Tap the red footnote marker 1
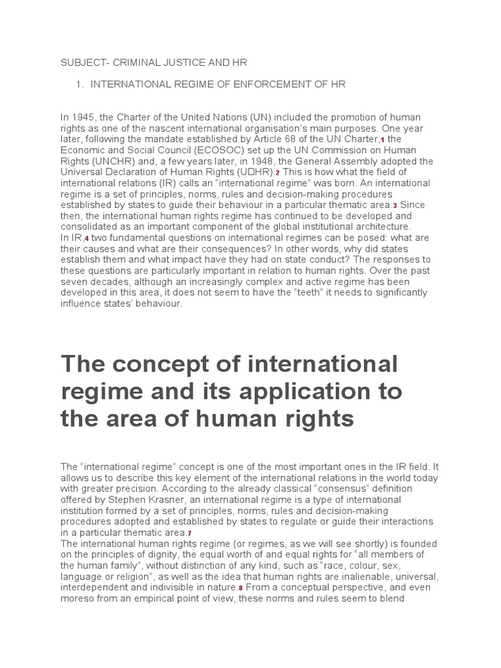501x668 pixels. [x=382, y=140]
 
